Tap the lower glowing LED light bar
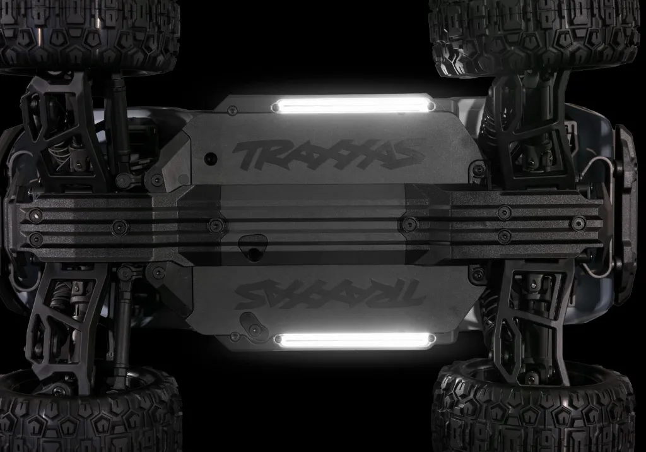[355, 340]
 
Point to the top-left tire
[90, 36]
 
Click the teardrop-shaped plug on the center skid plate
[252, 247]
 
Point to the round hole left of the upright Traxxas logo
[211, 158]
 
